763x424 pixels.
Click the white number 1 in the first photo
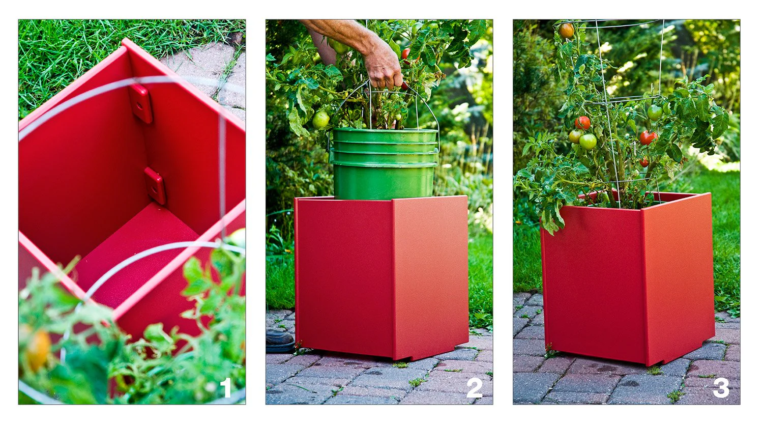click(226, 388)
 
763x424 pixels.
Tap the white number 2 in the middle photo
click(474, 388)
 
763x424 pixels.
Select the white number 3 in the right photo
click(721, 388)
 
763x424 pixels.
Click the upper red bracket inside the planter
click(141, 103)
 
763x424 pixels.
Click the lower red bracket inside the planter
click(155, 185)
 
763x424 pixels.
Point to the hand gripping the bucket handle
click(383, 66)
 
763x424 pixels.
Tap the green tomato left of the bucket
click(320, 120)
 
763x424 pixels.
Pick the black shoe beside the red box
click(279, 340)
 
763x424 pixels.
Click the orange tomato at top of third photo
click(566, 31)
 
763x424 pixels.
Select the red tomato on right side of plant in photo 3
click(647, 137)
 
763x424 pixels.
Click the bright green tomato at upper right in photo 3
click(655, 112)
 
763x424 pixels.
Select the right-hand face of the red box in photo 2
click(430, 275)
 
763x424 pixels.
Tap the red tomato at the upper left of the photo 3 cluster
click(582, 123)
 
